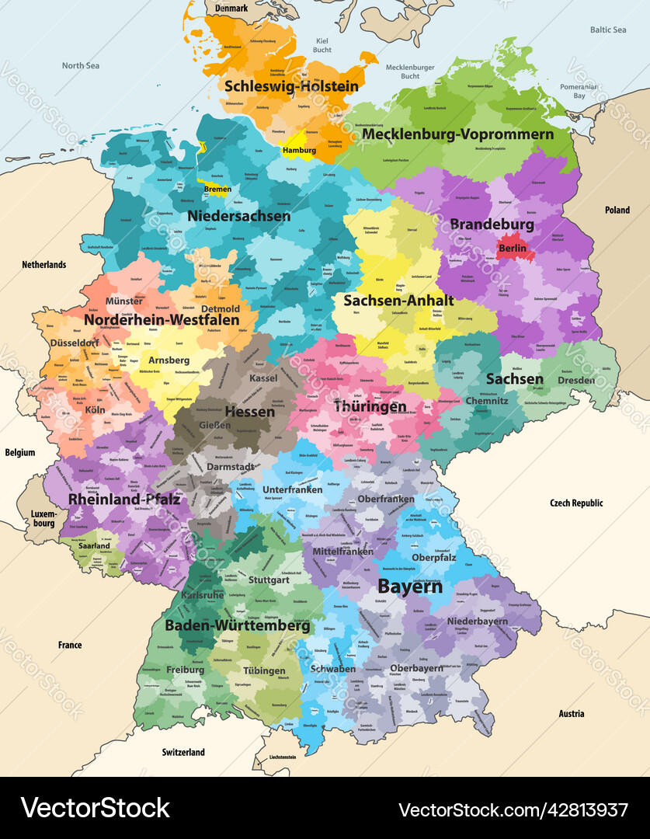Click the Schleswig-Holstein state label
(x=291, y=86)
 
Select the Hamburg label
(x=299, y=151)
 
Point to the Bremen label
(x=217, y=189)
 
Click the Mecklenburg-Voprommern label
(x=458, y=134)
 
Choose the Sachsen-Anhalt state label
(x=398, y=299)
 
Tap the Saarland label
(x=94, y=546)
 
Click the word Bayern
(x=410, y=587)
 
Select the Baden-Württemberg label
(x=237, y=625)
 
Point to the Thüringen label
(x=370, y=407)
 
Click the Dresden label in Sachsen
(x=576, y=381)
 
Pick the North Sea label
(x=81, y=66)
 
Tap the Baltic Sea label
(x=607, y=30)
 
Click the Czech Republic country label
(x=576, y=503)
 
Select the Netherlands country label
(x=44, y=265)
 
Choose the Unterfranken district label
(x=292, y=490)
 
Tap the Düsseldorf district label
(x=75, y=343)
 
